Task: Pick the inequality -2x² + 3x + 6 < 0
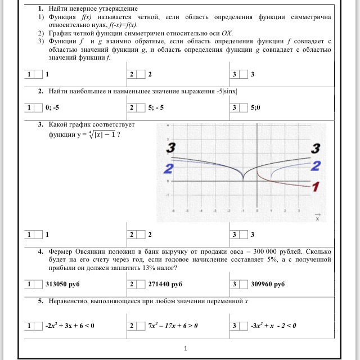click(x=69, y=325)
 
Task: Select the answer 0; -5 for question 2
click(x=53, y=107)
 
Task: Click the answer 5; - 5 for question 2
click(x=156, y=107)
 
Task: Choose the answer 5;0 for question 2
click(x=256, y=107)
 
